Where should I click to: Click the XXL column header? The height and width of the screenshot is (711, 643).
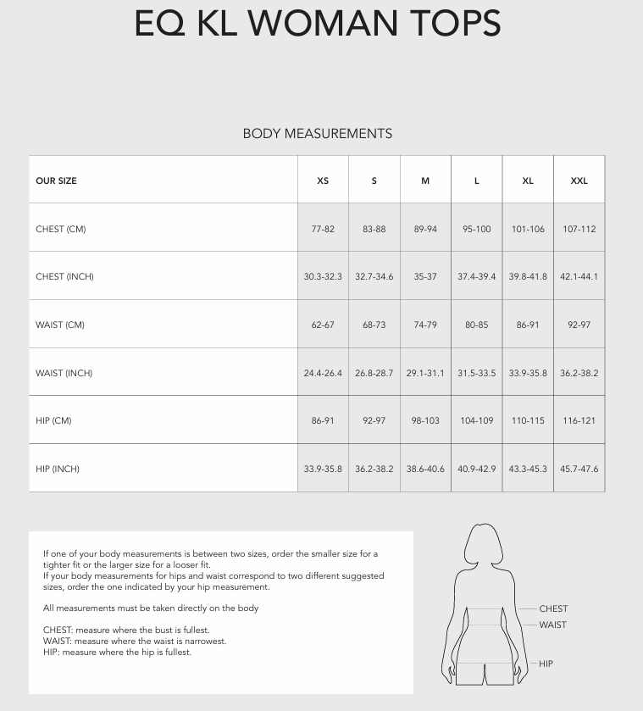[x=579, y=181]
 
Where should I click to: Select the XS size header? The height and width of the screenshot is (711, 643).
[x=323, y=181]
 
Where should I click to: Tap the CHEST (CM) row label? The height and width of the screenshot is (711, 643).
[x=61, y=229]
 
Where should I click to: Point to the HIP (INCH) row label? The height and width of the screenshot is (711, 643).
[x=58, y=469]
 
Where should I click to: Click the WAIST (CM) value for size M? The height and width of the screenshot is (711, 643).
[x=425, y=325]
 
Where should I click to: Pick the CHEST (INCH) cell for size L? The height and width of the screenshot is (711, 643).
[x=477, y=276]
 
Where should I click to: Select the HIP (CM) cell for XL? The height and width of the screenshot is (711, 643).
[x=528, y=420]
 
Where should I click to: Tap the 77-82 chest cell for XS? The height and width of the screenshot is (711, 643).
[x=323, y=229]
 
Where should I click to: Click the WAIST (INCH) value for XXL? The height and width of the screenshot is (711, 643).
[x=579, y=373]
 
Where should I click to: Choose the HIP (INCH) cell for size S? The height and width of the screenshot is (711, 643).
[x=374, y=469]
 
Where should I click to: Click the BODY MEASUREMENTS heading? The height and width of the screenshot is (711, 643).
[x=318, y=133]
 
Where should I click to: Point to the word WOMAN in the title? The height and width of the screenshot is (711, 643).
[x=331, y=24]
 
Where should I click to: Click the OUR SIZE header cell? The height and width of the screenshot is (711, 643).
[x=56, y=181]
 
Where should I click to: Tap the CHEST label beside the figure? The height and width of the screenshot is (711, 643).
[x=553, y=608]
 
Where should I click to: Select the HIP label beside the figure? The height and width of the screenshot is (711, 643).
[x=546, y=664]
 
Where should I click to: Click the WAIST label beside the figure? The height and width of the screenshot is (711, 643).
[x=552, y=625]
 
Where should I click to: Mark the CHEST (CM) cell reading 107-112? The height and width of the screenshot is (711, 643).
[x=579, y=229]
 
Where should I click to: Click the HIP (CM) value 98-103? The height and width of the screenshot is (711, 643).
[x=425, y=420]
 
